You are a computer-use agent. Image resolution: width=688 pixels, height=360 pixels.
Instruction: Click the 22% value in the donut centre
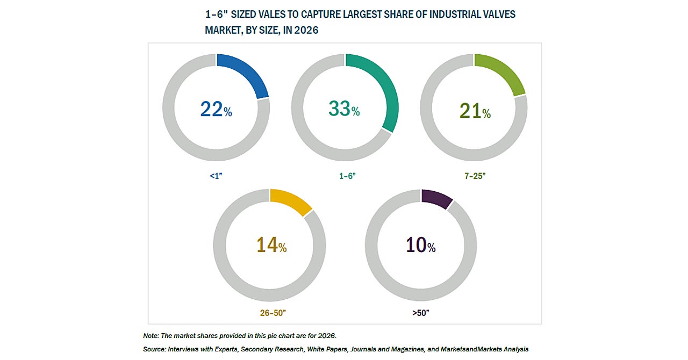coord(216,110)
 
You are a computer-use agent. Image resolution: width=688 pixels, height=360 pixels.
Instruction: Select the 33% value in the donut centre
coord(344,109)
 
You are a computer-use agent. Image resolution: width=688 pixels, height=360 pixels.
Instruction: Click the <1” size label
coord(216,175)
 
